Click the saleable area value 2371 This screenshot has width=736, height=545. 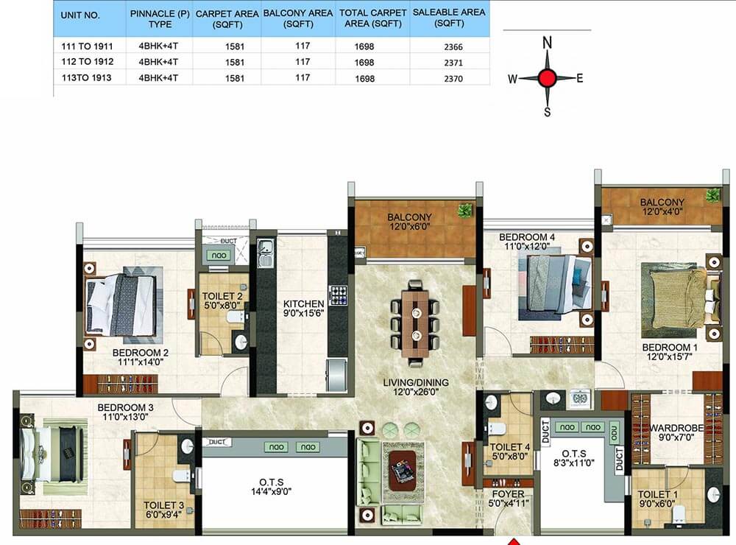click(x=453, y=63)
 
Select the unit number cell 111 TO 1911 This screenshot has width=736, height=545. click(x=88, y=46)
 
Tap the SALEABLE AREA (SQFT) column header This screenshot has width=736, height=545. click(x=449, y=18)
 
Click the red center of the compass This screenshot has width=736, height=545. click(x=547, y=78)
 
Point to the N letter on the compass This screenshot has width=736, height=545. click(x=548, y=43)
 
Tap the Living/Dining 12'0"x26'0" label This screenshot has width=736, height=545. click(x=416, y=387)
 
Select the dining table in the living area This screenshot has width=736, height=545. click(x=416, y=323)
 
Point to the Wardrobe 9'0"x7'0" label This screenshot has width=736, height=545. click(x=676, y=432)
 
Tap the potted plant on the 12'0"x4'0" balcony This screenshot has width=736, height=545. click(x=713, y=194)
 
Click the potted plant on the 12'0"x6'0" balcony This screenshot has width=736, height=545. click(x=465, y=210)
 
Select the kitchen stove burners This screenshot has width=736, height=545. click(x=338, y=295)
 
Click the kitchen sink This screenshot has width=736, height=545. click(x=266, y=253)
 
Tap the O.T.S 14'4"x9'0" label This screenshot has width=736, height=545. click(x=272, y=487)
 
